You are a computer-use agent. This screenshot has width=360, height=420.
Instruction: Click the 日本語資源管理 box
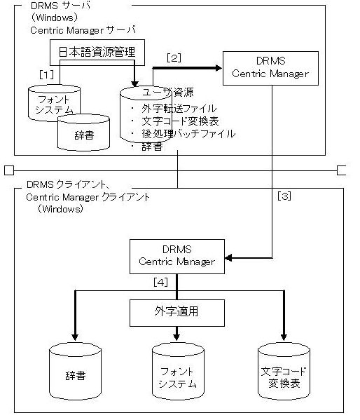(97, 53)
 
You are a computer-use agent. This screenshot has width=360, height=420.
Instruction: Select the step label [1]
(46, 74)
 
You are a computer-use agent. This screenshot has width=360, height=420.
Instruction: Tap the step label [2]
(174, 58)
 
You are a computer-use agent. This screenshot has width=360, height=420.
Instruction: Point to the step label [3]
(284, 196)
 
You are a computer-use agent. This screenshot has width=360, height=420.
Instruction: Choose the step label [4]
(160, 282)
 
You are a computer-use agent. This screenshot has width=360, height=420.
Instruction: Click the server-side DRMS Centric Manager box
(270, 68)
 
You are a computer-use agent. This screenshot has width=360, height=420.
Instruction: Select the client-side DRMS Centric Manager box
(177, 257)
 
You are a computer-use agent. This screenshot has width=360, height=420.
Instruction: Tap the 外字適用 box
(177, 313)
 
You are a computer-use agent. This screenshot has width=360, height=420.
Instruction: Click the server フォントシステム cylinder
(54, 103)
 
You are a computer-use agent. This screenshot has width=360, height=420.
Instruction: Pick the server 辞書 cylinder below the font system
(83, 133)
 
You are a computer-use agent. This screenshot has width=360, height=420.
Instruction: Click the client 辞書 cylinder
(75, 371)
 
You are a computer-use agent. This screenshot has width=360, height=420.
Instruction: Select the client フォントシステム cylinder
(178, 371)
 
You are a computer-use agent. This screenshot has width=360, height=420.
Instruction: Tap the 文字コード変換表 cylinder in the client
(284, 371)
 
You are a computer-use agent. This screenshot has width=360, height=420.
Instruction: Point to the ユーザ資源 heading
(168, 93)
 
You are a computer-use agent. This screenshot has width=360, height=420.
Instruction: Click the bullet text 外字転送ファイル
(179, 109)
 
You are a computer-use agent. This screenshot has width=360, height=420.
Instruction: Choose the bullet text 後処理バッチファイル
(188, 133)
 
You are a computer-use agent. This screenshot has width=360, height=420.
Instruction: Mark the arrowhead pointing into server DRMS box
(219, 68)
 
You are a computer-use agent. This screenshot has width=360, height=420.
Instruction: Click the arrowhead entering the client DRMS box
(228, 258)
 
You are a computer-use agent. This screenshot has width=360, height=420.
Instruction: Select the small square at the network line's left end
(9, 170)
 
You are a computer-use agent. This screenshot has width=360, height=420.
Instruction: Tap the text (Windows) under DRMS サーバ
(55, 18)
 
